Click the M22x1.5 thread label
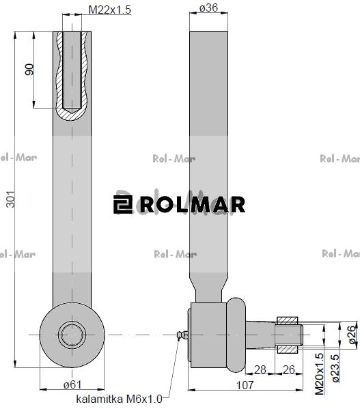(111, 10)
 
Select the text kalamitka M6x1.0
(119, 398)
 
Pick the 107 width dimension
(245, 385)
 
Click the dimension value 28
(260, 369)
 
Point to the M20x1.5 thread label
(319, 375)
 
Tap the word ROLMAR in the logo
(191, 204)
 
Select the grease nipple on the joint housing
(181, 335)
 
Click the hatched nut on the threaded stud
(288, 320)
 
